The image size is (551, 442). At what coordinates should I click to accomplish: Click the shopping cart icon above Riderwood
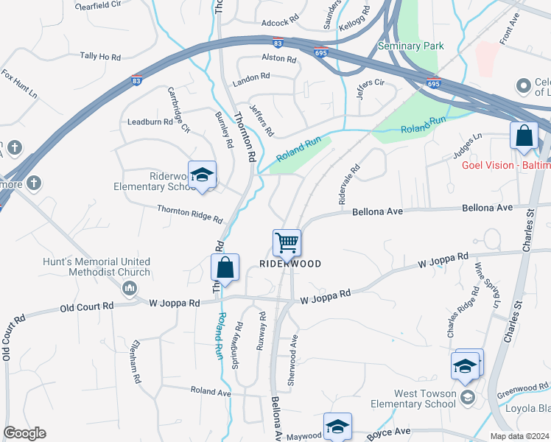pyautogui.click(x=286, y=241)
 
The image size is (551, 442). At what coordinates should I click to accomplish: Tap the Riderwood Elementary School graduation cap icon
pyautogui.click(x=202, y=175)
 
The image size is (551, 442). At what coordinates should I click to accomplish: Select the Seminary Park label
pyautogui.click(x=411, y=46)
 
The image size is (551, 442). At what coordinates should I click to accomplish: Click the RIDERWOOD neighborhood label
pyautogui.click(x=290, y=263)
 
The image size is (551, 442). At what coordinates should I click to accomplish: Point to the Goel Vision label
pyautogui.click(x=506, y=164)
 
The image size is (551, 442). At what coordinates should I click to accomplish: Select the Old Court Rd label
pyautogui.click(x=87, y=306)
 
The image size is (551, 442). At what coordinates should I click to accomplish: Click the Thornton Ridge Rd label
pyautogui.click(x=189, y=214)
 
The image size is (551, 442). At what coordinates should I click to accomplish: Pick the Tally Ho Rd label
pyautogui.click(x=99, y=56)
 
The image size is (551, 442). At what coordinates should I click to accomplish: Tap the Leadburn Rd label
pyautogui.click(x=150, y=122)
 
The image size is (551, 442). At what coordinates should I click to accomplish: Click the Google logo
pyautogui.click(x=24, y=433)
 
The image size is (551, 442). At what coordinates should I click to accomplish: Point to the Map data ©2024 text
pyautogui.click(x=519, y=436)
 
